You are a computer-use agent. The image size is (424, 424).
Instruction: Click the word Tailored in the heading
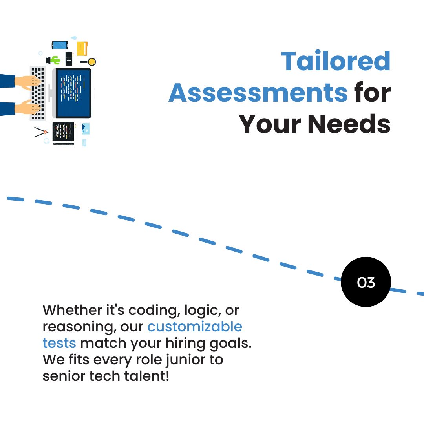[x=336, y=62]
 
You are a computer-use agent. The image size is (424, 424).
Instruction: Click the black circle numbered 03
[x=366, y=282]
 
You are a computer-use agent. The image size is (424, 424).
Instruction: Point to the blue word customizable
[x=195, y=327]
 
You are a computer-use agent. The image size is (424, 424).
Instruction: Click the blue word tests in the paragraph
[x=59, y=343]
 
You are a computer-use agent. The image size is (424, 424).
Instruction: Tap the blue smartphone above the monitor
[x=60, y=45]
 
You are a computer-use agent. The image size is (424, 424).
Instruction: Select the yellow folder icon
[x=82, y=48]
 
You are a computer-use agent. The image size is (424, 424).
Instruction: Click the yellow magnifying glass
[x=91, y=62]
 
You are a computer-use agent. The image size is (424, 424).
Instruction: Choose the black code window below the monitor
[x=63, y=132]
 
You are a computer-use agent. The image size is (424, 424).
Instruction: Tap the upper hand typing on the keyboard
[x=27, y=82]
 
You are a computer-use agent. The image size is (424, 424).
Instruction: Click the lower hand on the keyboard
[x=27, y=107]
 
